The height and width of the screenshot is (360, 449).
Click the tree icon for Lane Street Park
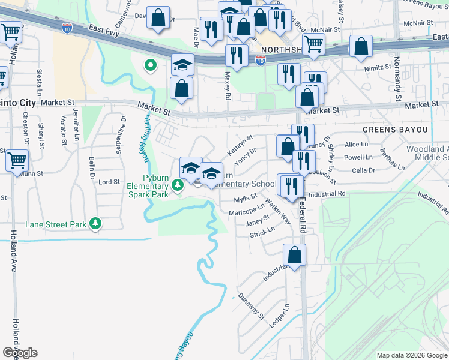click(95, 224)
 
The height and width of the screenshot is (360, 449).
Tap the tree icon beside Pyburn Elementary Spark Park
click(178, 186)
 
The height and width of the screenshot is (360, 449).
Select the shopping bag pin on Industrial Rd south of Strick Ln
click(295, 255)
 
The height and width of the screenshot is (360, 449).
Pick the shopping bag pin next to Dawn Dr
click(158, 18)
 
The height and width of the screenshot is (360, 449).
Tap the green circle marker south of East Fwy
click(149, 65)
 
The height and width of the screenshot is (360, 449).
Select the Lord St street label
click(109, 182)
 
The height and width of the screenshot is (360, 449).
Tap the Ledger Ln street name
click(279, 316)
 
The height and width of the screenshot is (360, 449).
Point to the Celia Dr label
click(363, 170)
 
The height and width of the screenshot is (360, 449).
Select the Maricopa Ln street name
click(246, 210)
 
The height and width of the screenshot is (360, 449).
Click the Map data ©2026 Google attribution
click(412, 355)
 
